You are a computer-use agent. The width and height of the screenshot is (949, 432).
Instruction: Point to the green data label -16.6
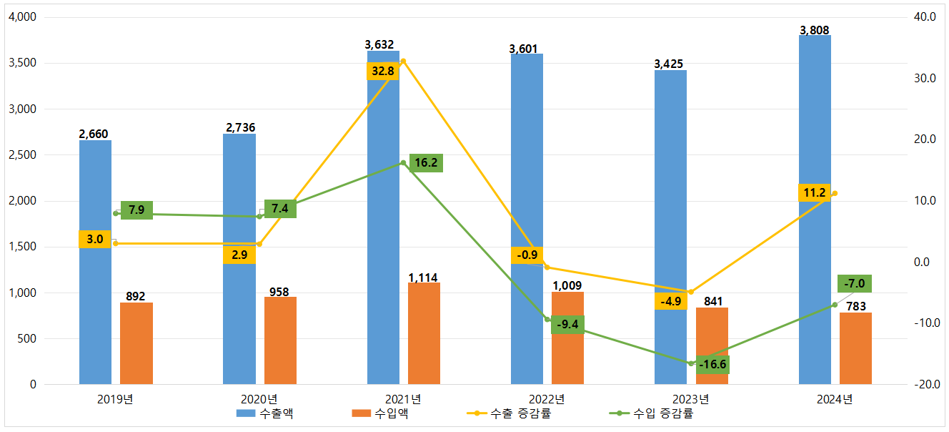[x=712, y=365]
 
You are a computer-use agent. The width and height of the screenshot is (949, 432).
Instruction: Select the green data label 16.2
[x=426, y=163]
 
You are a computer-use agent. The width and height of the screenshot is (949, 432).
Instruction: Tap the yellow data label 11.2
[x=815, y=192]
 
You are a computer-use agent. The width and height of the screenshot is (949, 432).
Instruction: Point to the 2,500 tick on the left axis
[x=25, y=155]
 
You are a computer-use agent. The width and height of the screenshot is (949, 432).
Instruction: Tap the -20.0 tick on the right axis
[x=924, y=385]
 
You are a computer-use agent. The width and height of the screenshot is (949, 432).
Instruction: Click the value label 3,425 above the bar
[x=669, y=64]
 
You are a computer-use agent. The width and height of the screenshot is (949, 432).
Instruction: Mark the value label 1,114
[x=423, y=278]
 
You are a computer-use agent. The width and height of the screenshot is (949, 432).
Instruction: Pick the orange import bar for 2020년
[x=280, y=340]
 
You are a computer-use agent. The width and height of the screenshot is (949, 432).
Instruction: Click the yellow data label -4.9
[x=671, y=301]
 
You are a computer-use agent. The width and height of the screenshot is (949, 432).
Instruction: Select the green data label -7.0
[x=855, y=284]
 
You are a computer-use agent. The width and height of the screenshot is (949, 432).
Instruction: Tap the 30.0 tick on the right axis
[x=924, y=78]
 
